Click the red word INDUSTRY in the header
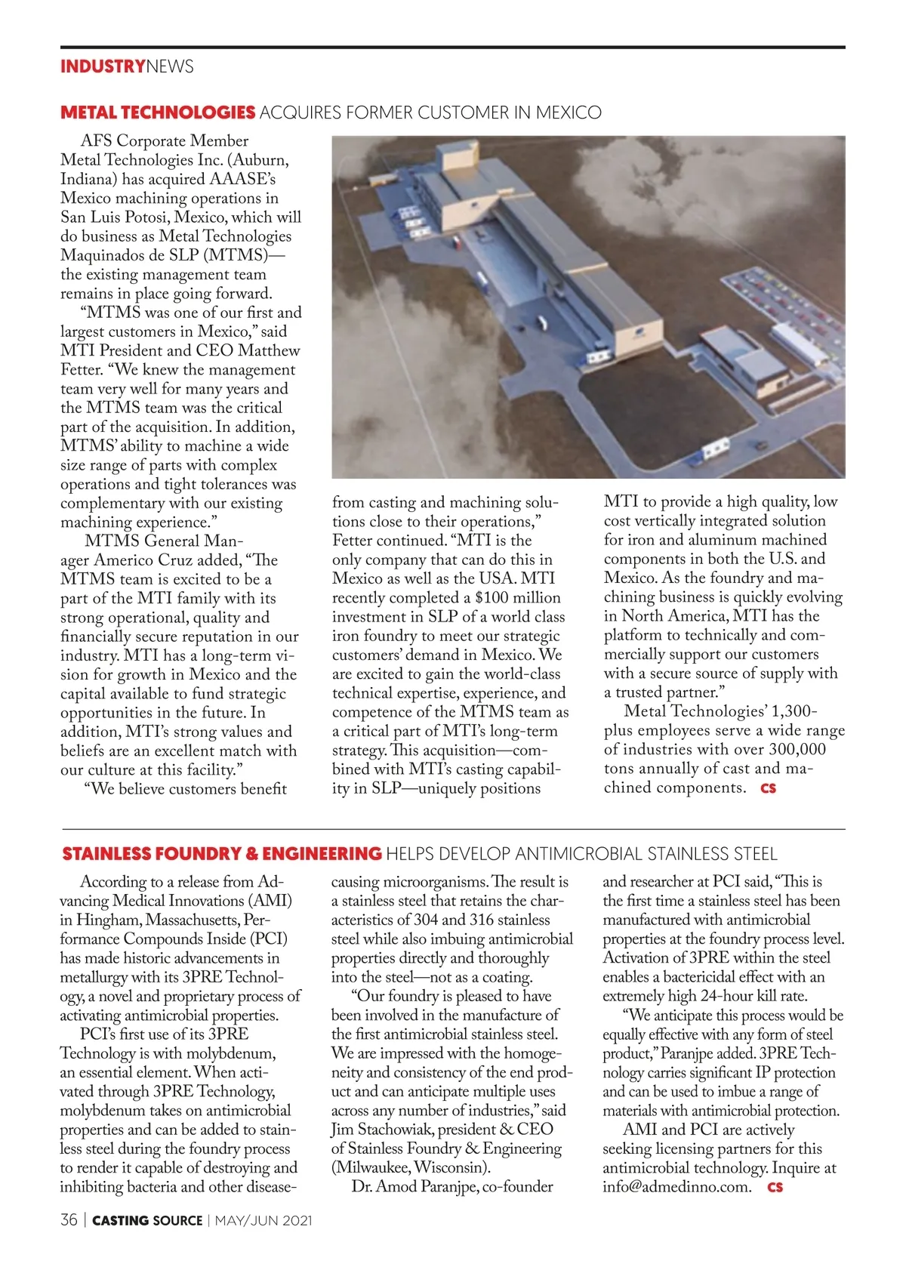(102, 66)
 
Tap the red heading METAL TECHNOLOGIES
(158, 113)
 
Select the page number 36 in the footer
(69, 1220)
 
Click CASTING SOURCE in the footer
(147, 1220)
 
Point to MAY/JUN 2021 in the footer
(263, 1220)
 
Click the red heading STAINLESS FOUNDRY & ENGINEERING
(222, 854)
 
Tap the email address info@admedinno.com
(677, 1186)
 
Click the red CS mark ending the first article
(769, 788)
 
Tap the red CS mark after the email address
(775, 1187)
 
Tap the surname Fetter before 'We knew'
(81, 370)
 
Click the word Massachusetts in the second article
(193, 920)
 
